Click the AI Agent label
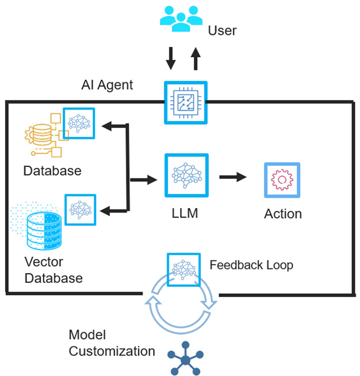[107, 85]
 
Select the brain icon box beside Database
[79, 123]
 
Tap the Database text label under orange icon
[52, 170]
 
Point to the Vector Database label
[54, 270]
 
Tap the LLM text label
[185, 214]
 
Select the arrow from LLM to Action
[233, 177]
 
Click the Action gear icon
[281, 180]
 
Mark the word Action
[283, 214]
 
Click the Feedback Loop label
[251, 265]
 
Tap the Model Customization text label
[111, 343]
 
